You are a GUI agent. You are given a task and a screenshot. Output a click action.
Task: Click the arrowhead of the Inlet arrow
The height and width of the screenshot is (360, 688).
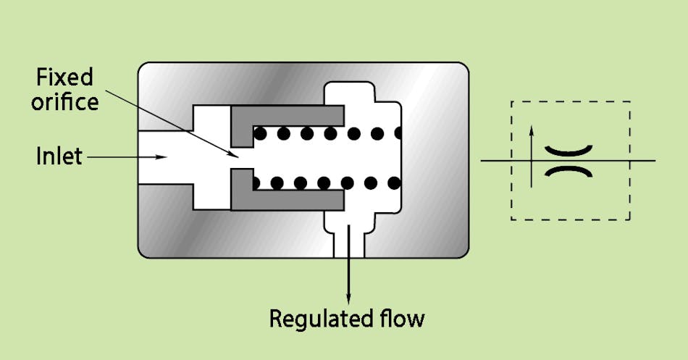click(x=164, y=155)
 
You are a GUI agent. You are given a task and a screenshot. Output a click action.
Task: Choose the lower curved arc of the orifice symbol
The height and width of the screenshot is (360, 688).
click(x=569, y=171)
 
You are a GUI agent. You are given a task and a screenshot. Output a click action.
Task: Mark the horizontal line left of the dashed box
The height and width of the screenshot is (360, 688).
click(x=496, y=160)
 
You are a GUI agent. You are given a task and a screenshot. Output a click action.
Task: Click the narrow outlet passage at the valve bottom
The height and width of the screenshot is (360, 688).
click(x=348, y=243)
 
